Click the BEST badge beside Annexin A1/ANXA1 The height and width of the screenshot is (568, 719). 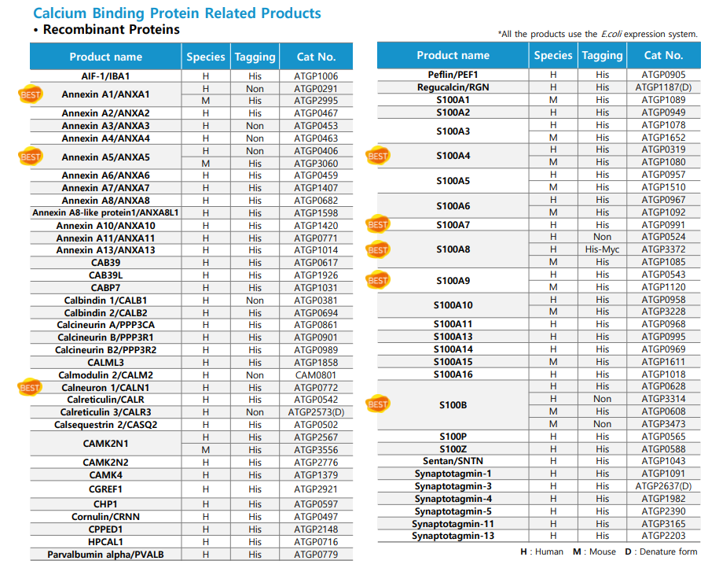(31, 94)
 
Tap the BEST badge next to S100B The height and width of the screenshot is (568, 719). (378, 404)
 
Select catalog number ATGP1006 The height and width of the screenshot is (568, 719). (316, 76)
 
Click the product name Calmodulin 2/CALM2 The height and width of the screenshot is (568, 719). (105, 375)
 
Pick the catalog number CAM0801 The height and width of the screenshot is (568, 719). (316, 375)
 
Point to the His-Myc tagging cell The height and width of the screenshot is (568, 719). (602, 249)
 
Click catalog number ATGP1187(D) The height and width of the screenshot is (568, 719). (663, 87)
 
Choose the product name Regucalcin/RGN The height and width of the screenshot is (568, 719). (453, 87)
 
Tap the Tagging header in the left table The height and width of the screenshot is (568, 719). (255, 57)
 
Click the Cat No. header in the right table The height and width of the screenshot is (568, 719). (663, 56)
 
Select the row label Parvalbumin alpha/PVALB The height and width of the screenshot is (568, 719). (105, 555)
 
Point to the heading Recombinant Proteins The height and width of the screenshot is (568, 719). (112, 29)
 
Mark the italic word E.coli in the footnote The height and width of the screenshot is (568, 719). (611, 34)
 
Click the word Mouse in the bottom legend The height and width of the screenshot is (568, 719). (603, 551)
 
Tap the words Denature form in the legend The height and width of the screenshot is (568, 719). (668, 551)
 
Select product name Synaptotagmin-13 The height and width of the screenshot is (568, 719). (453, 536)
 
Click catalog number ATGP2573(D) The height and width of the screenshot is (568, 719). (316, 412)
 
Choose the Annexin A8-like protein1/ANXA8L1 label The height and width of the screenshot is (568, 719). (105, 212)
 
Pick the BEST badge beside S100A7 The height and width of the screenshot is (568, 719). (378, 224)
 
